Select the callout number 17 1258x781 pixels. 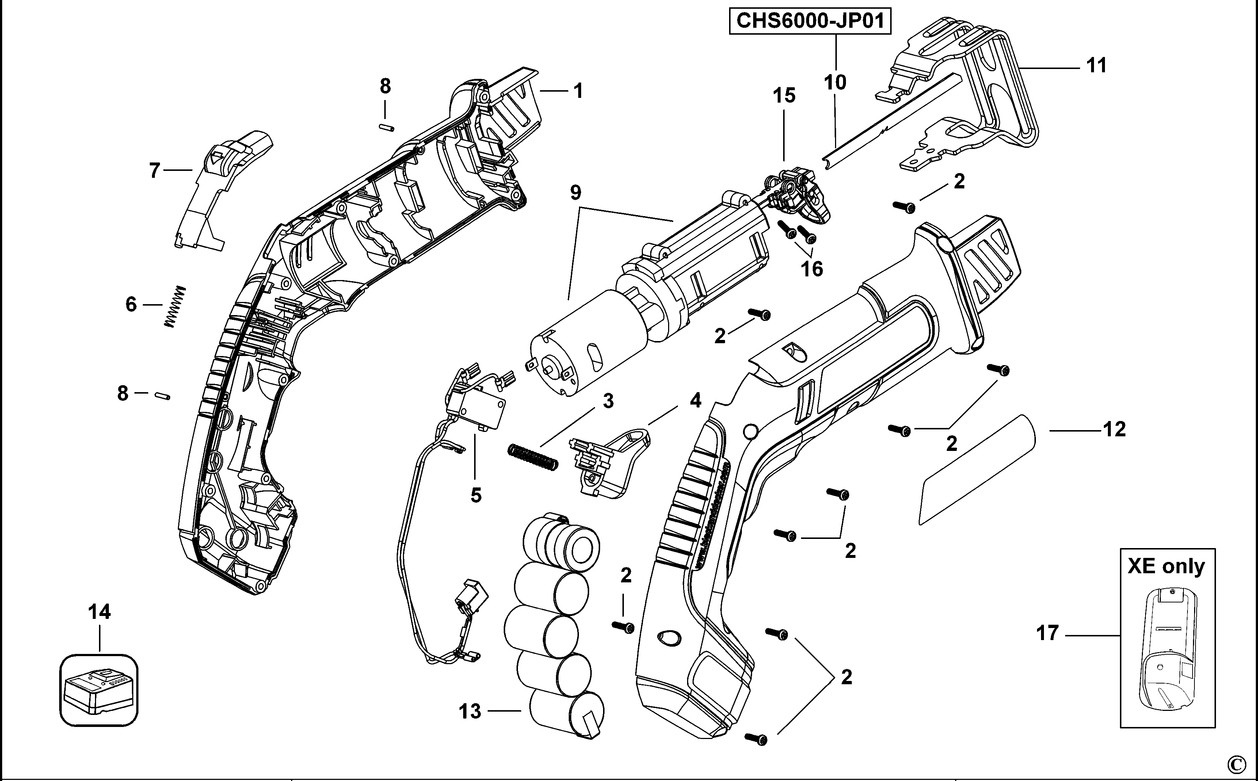1048,633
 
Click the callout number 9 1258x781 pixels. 576,193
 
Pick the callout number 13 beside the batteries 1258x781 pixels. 470,712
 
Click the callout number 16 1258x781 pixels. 812,269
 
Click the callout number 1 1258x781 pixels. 578,91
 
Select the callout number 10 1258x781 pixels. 835,82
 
